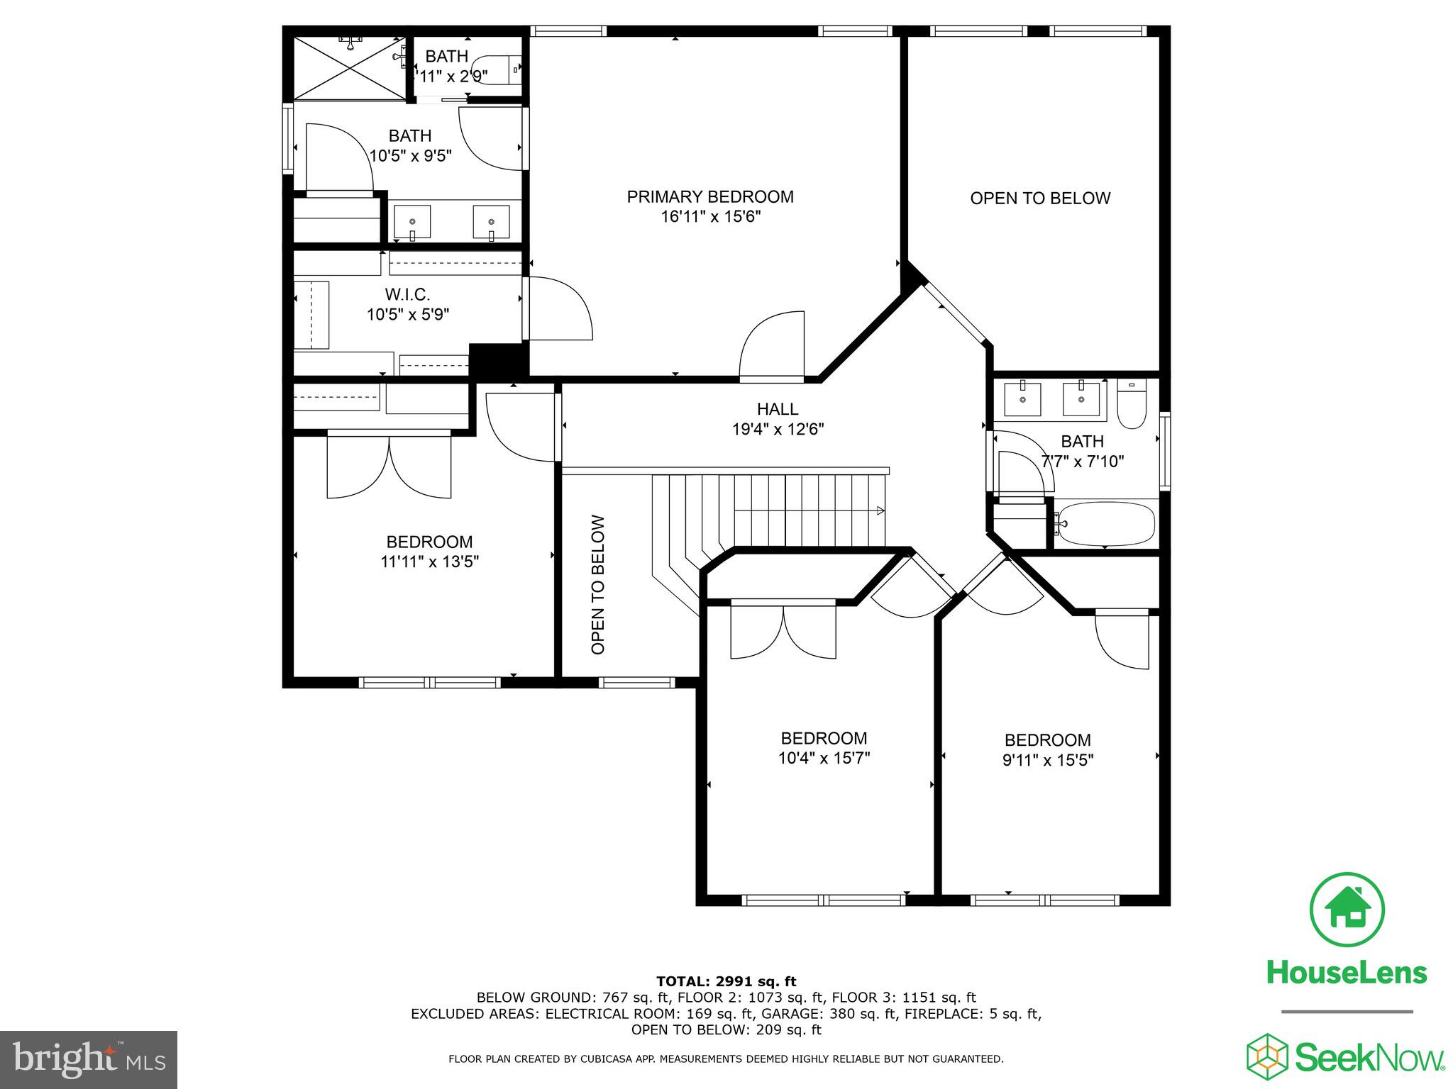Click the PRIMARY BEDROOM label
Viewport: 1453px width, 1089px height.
(x=709, y=196)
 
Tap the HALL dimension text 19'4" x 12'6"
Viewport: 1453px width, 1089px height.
(x=778, y=429)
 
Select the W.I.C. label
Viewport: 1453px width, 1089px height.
(x=407, y=294)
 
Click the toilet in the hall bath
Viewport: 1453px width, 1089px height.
(x=1132, y=405)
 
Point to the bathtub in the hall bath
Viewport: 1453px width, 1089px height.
(x=1105, y=524)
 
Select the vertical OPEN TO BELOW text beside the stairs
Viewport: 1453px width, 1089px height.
(x=598, y=584)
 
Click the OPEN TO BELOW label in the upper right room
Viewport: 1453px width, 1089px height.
(x=1040, y=199)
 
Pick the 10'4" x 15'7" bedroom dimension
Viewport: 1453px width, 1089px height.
(x=824, y=758)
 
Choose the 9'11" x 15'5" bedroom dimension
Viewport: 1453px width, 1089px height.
(x=1047, y=760)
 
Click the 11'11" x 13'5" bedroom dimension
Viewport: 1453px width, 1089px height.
(x=429, y=562)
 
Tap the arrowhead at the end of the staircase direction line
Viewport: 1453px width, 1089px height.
(x=880, y=510)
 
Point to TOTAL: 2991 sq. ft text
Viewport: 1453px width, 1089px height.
(x=726, y=981)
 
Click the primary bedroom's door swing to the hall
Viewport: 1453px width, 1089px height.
(x=772, y=345)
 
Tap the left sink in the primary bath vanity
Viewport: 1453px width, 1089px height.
(x=412, y=222)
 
